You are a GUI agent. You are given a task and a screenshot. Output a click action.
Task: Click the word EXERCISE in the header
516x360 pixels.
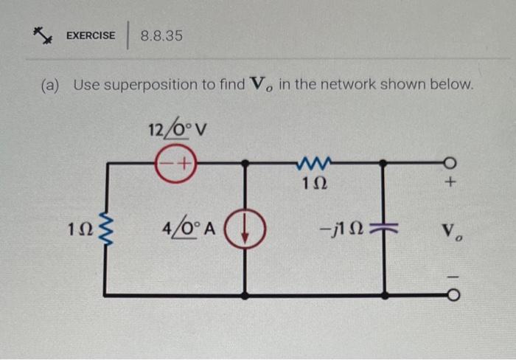click(91, 35)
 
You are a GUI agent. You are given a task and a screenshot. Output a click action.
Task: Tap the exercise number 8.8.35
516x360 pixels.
click(161, 35)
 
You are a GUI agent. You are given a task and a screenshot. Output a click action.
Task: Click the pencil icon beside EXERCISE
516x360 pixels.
click(41, 34)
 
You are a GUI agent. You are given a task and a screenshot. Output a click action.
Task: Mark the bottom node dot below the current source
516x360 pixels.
click(245, 295)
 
